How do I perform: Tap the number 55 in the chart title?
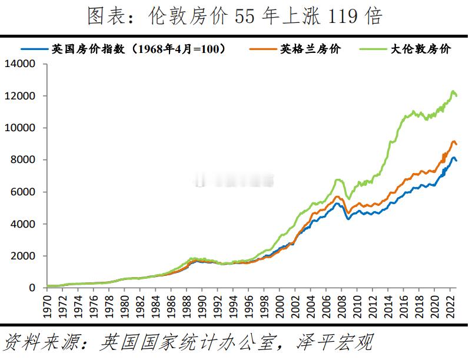[245, 16]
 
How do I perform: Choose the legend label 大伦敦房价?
[420, 49]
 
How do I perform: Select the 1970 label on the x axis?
[47, 304]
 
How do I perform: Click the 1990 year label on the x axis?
[202, 304]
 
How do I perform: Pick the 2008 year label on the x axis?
[341, 304]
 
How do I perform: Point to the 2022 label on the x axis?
[450, 304]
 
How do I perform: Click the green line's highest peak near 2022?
[453, 91]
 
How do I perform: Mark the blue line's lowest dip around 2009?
[349, 218]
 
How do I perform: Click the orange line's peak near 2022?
[453, 141]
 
